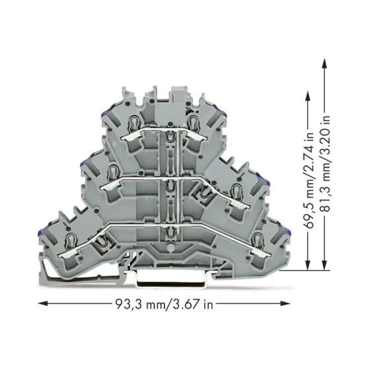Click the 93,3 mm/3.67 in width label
coord(164,304)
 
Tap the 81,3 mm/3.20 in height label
coord(326,165)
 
